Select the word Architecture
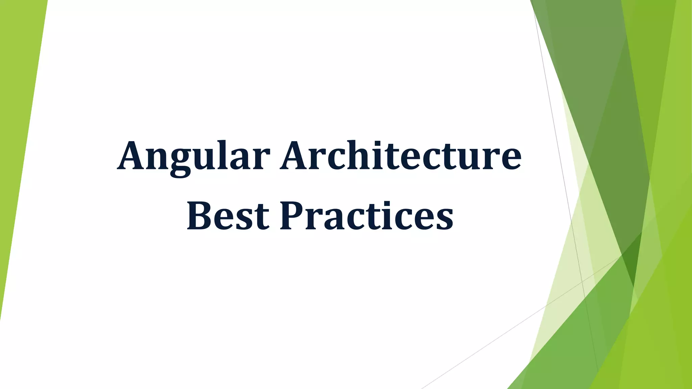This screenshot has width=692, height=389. click(401, 156)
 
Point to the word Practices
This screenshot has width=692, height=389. click(367, 216)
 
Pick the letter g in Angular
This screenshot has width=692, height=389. click(180, 162)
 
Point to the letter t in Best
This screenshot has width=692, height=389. click(262, 218)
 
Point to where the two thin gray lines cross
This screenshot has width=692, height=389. click(582, 281)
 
